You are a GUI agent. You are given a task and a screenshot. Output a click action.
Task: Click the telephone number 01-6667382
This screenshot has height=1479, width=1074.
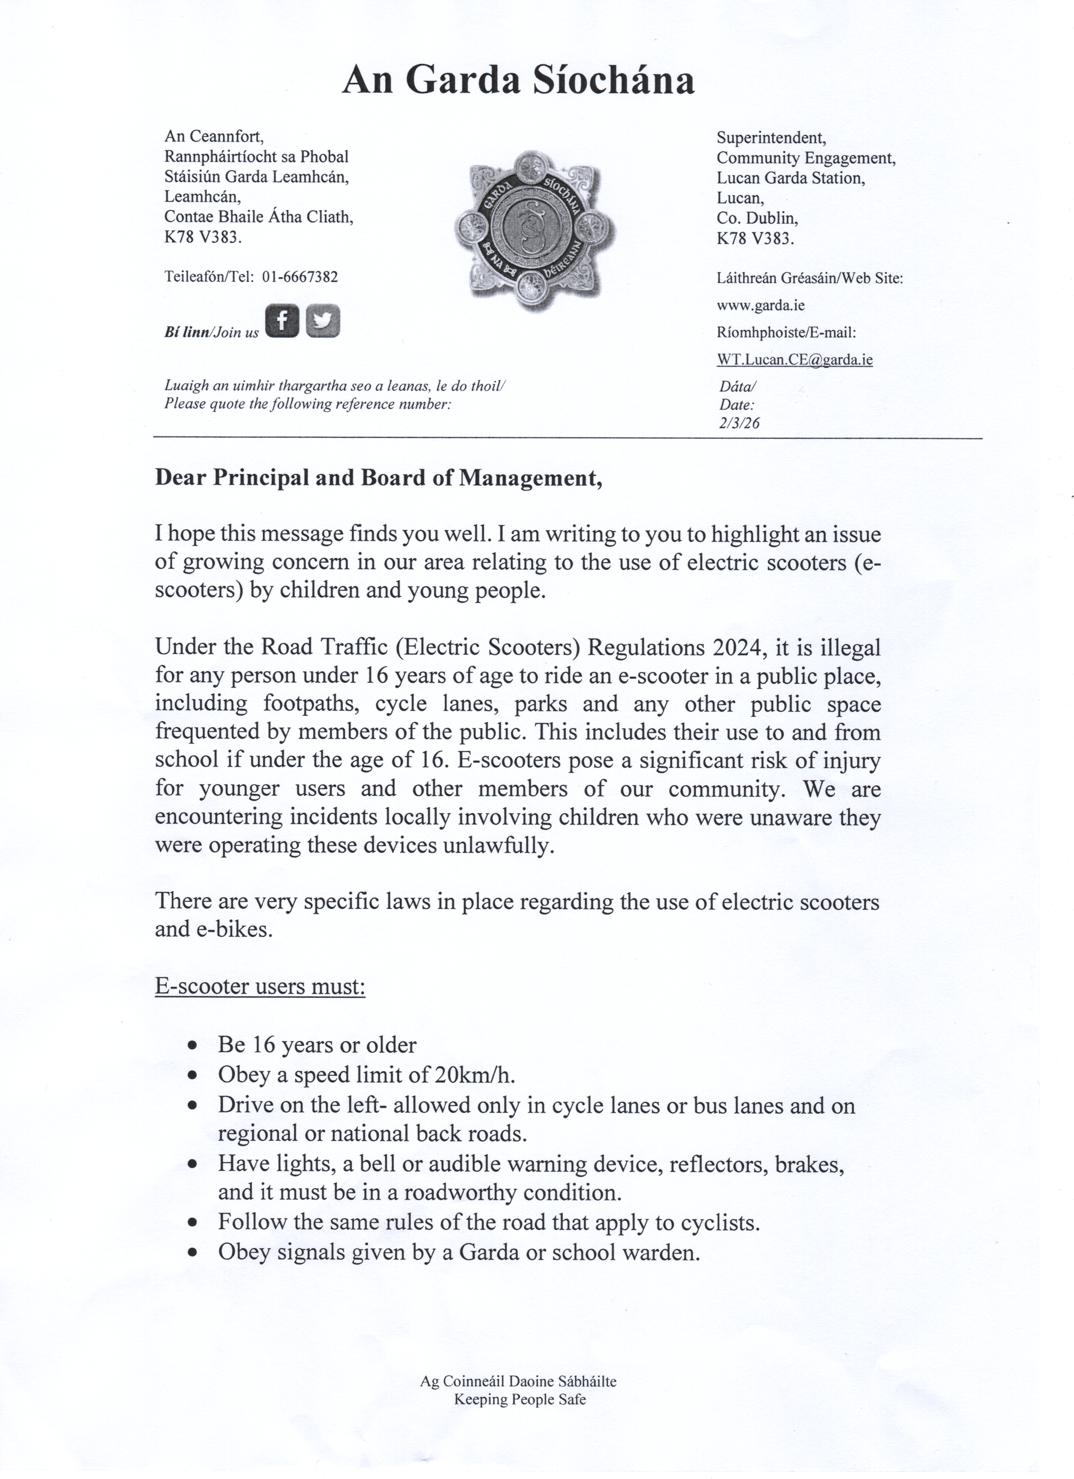[300, 276]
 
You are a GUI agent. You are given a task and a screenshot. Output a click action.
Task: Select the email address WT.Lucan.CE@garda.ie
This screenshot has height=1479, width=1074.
[794, 359]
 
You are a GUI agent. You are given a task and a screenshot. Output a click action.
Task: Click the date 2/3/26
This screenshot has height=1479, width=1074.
[739, 423]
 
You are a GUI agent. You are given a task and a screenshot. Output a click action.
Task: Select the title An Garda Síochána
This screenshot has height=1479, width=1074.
[518, 81]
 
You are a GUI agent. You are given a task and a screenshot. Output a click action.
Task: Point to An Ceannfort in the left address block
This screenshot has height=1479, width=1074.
[213, 136]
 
